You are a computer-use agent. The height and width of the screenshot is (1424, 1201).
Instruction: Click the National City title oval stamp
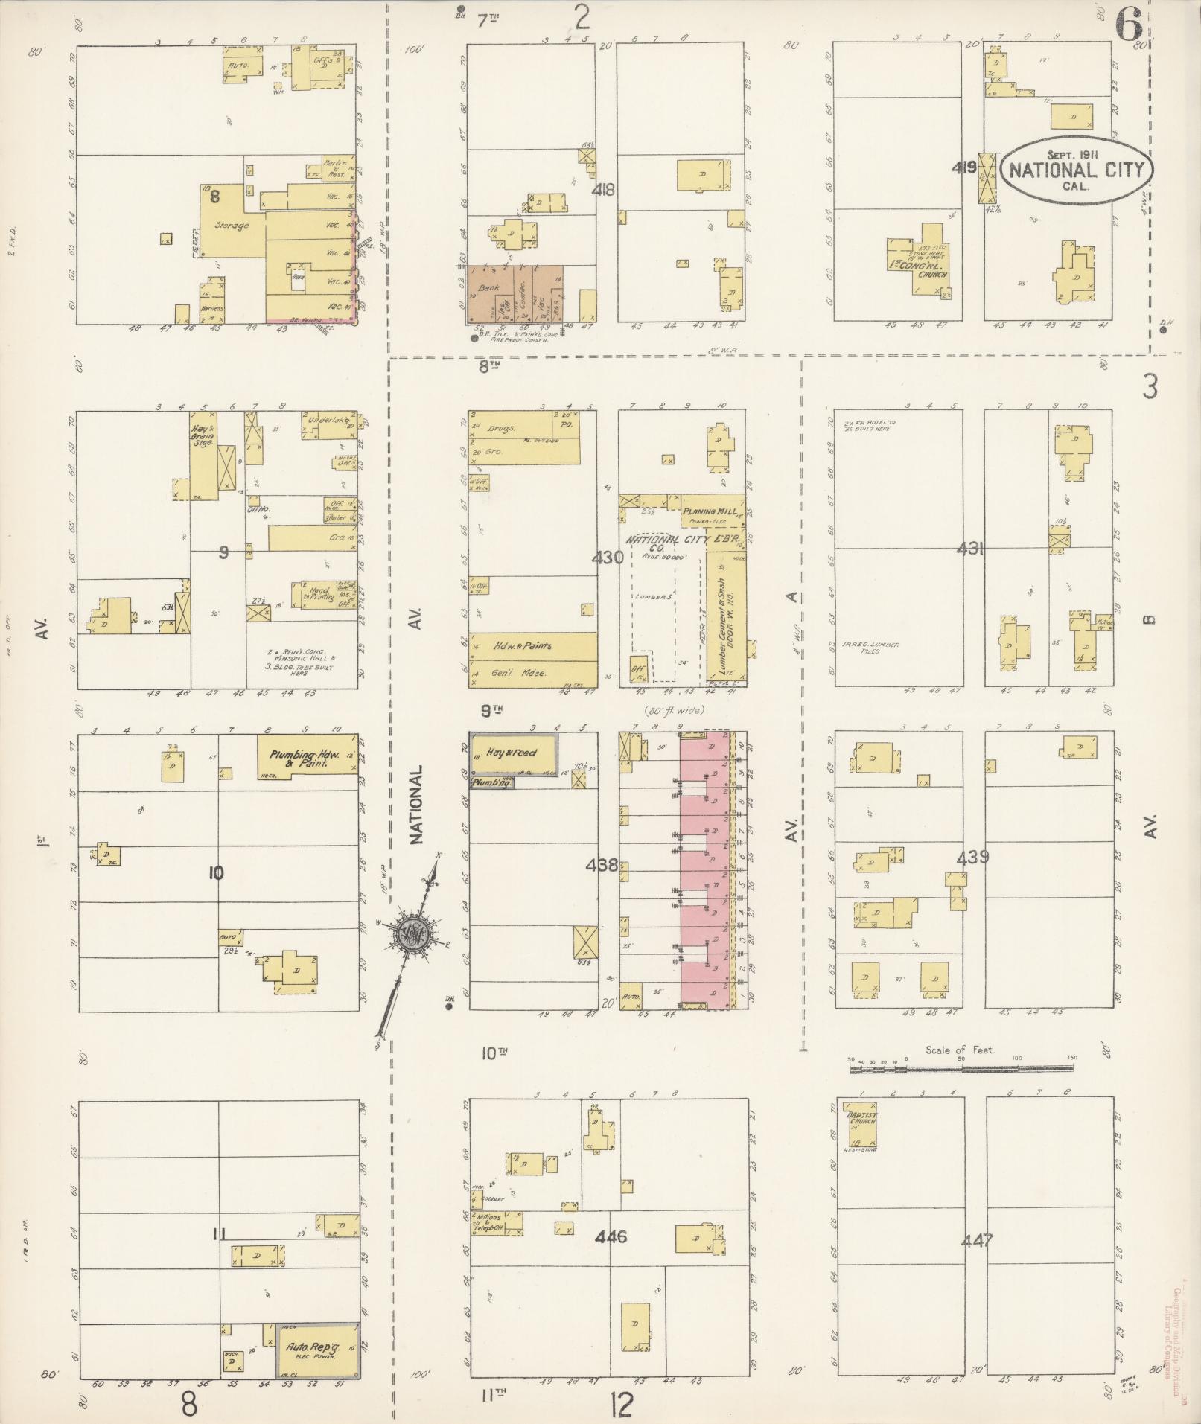coord(1076,170)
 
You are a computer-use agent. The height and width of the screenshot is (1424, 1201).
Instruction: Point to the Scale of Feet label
coord(960,1050)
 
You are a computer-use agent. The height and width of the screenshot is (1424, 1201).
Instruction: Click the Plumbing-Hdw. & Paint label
coord(305,759)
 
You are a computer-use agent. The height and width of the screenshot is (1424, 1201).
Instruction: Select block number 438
coord(602,865)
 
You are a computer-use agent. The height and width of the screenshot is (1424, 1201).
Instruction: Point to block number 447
coord(976,1241)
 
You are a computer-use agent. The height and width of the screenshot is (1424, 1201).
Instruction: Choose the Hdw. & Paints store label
coord(522,645)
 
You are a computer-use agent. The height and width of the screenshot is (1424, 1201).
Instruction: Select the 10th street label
coord(494,1052)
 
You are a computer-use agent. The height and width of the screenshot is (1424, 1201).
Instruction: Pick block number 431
coord(971,549)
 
